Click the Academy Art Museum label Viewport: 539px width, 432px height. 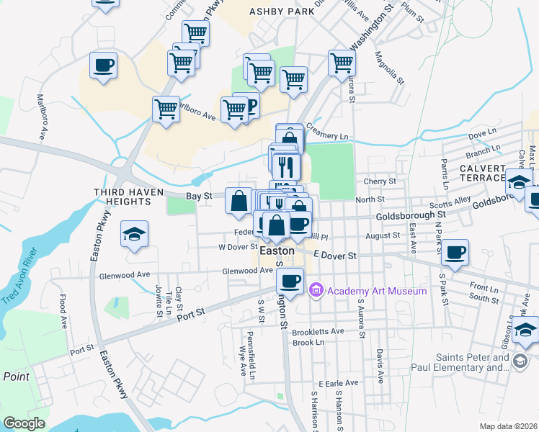[376, 291]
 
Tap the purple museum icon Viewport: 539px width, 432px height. [315, 291]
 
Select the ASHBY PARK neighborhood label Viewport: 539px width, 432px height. [282, 12]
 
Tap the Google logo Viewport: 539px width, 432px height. [24, 423]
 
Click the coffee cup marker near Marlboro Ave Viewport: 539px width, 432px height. [103, 66]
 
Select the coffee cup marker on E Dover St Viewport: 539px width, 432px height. [455, 253]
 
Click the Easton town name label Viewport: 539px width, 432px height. [277, 251]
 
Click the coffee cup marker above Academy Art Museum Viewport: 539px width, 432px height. [290, 281]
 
